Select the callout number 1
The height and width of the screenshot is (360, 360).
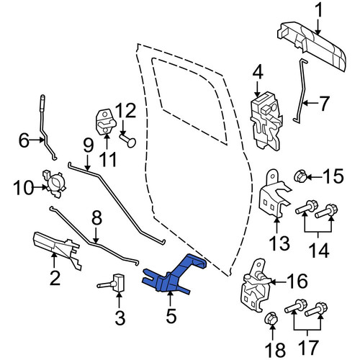[x=318, y=10]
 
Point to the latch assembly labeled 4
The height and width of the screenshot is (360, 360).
[x=266, y=121]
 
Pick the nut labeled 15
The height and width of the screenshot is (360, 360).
[x=300, y=177]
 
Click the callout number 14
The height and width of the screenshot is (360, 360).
[x=319, y=250]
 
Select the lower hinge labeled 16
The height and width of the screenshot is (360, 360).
[x=256, y=286]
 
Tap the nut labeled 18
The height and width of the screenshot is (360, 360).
[x=272, y=318]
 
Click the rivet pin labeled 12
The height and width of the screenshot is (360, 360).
[x=129, y=141]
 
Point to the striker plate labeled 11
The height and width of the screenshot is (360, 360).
[x=106, y=122]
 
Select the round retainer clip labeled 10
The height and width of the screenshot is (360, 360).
[x=55, y=184]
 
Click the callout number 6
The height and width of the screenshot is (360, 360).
[x=24, y=140]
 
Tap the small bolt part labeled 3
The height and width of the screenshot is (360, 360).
[x=113, y=284]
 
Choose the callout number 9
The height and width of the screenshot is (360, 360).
[x=88, y=145]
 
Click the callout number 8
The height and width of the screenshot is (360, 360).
[x=96, y=218]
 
